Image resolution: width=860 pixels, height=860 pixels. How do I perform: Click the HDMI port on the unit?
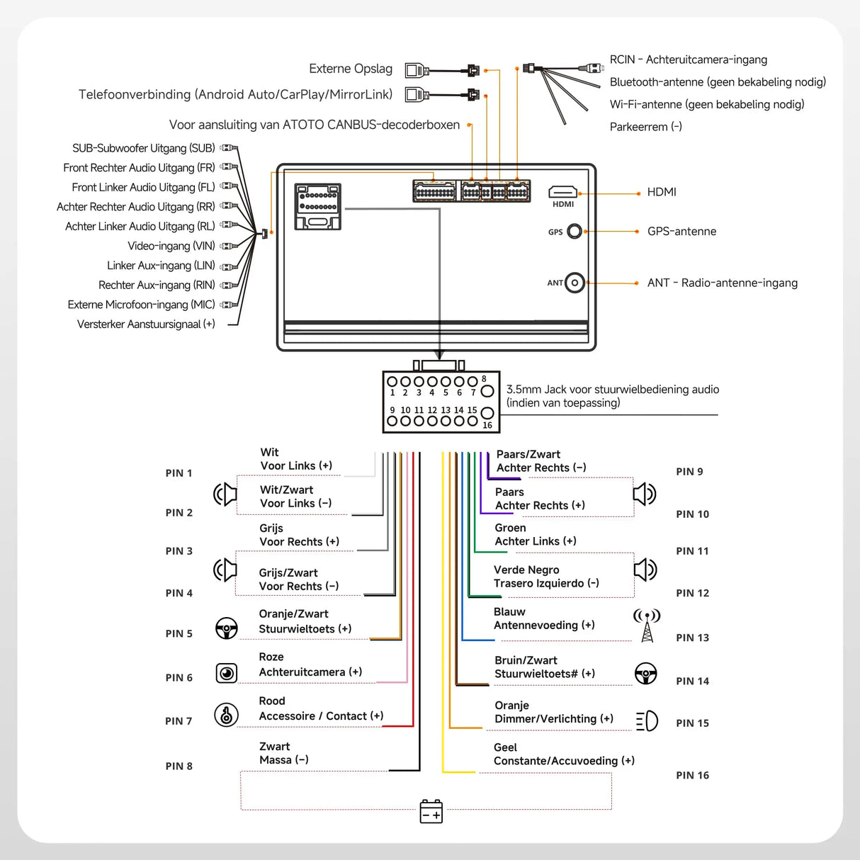click(x=562, y=192)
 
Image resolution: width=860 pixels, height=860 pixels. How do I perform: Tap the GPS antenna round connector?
click(x=575, y=232)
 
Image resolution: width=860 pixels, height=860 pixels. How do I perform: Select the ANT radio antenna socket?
click(x=575, y=283)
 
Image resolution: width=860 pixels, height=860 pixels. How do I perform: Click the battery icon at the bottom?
click(x=431, y=811)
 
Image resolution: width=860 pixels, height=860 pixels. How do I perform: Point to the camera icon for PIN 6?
click(x=227, y=673)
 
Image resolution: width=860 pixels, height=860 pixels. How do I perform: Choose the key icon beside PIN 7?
click(x=226, y=715)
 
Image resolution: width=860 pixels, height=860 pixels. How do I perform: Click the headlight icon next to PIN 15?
click(x=647, y=721)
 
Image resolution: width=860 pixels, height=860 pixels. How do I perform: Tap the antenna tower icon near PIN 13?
click(x=647, y=625)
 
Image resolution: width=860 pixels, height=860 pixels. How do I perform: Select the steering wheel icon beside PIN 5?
click(x=226, y=628)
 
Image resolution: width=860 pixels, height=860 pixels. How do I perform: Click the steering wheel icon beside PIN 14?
click(x=645, y=673)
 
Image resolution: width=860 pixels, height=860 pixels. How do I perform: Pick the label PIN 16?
click(x=692, y=775)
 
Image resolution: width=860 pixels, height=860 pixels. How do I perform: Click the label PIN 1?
click(x=179, y=473)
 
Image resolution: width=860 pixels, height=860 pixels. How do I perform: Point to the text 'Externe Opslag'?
click(x=351, y=69)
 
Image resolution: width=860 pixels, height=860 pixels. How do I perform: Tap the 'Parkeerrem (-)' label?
click(x=645, y=127)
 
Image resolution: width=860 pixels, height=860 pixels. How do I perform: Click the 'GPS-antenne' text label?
click(x=681, y=232)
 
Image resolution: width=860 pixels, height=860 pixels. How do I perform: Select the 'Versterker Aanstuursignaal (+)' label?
click(x=146, y=324)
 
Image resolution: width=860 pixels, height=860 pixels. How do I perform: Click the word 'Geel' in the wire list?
click(x=505, y=747)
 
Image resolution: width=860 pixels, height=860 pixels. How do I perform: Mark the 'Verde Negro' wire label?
click(x=526, y=570)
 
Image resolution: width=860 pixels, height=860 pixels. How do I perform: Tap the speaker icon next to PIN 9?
click(x=644, y=494)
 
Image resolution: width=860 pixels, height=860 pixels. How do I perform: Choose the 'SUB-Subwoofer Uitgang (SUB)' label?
click(x=143, y=148)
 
